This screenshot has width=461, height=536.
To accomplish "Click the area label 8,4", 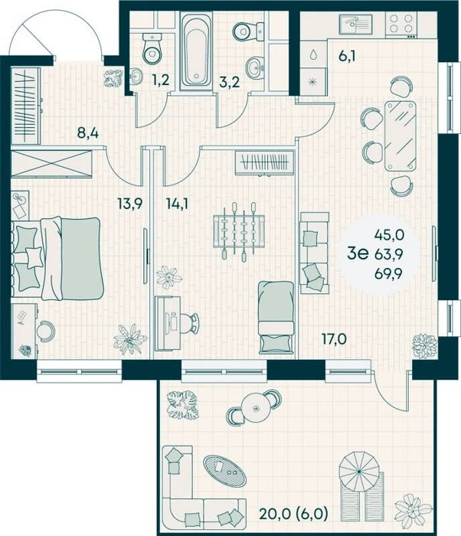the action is coord(88,132).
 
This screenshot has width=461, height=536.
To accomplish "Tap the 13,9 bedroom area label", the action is coord(129,204).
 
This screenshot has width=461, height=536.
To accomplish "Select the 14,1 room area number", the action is coord(177,204).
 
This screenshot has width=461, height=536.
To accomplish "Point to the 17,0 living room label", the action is coord(334,339).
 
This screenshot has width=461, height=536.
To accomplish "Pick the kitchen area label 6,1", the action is coord(347,56).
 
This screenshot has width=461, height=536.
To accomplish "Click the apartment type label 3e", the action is coord(358,253).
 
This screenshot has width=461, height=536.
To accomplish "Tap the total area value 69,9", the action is coord(388,273).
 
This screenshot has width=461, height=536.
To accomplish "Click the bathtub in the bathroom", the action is coord(196,51).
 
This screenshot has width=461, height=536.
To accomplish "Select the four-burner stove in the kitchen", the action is coord(401,25).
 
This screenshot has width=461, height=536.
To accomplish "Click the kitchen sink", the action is coord(355,25).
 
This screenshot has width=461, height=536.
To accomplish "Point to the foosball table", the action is coord(239,231).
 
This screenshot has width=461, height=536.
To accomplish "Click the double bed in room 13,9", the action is coord(57,259).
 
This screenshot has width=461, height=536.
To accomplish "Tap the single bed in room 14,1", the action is coord(276,317).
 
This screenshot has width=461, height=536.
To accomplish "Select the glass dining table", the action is coord(401,136).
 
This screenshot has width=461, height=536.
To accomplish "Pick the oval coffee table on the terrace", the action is coord(224,472).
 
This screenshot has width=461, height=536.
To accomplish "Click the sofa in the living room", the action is coord(314,253).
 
